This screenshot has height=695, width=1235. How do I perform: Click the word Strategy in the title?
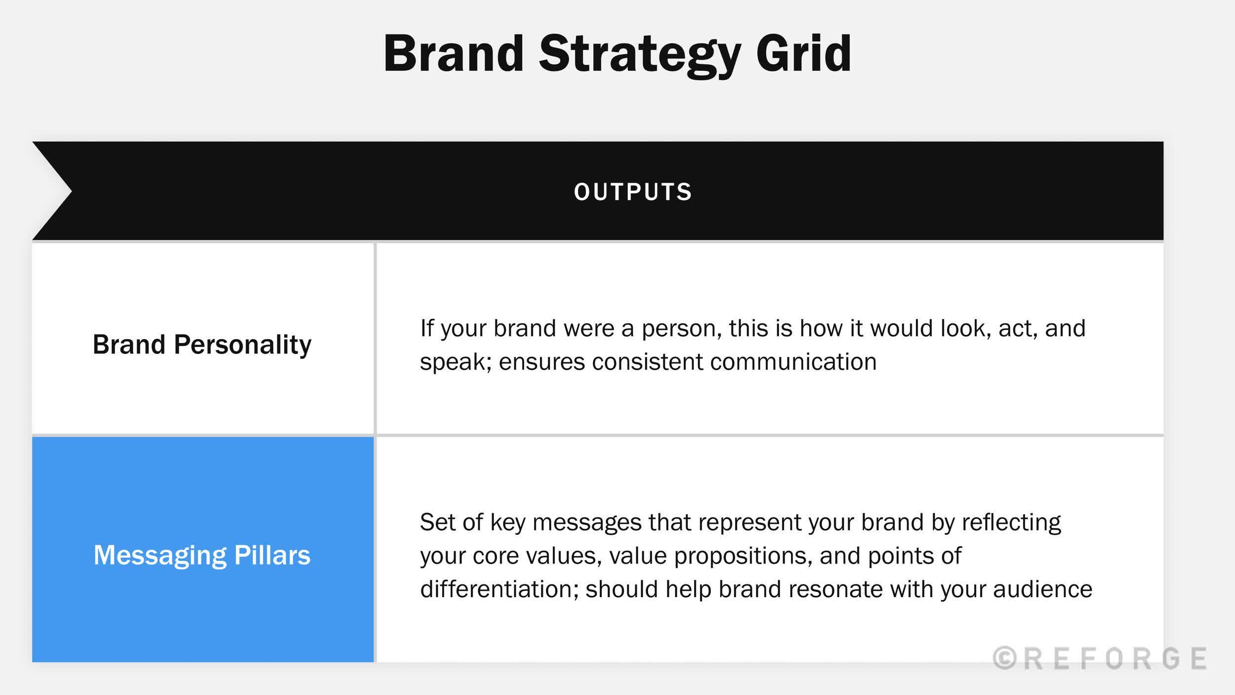click(x=639, y=54)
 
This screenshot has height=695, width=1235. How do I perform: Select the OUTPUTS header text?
click(x=633, y=192)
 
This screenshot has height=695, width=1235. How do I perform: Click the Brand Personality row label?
click(x=202, y=345)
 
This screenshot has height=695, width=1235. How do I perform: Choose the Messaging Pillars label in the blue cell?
click(x=202, y=555)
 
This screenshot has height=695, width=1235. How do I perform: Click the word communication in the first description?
click(x=793, y=362)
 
